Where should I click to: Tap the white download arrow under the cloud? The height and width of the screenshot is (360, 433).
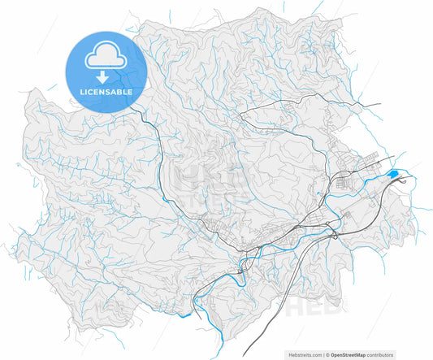pos(102,78)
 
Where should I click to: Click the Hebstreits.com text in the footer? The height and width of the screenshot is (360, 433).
pos(305,354)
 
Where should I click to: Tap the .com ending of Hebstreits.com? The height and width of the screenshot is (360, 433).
pos(316,354)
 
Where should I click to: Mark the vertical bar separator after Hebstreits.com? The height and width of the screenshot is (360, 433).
pos(324,354)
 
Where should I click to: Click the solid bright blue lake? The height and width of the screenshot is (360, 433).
pos(393,174)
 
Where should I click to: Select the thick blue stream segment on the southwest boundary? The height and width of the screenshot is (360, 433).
pos(184,311)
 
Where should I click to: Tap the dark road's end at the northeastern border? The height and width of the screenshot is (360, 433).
pos(381,103)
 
